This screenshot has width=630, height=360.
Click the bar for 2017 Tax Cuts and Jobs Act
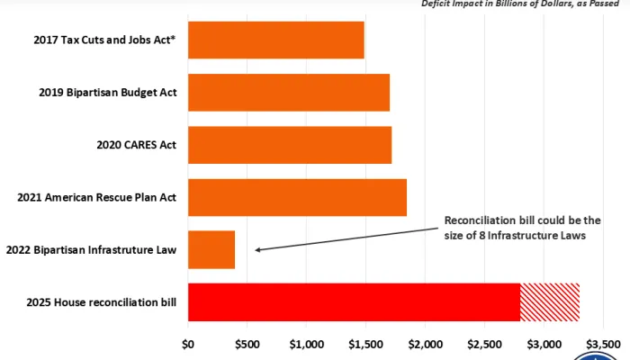click(x=275, y=40)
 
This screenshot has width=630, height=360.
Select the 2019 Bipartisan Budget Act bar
click(x=288, y=92)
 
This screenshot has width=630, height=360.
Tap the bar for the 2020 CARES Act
click(x=289, y=144)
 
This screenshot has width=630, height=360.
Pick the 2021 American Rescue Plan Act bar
click(x=297, y=197)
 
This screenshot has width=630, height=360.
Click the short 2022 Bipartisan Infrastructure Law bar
click(x=211, y=249)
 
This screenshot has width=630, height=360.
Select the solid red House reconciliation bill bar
click(x=354, y=302)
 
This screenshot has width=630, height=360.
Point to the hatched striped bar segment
click(x=549, y=302)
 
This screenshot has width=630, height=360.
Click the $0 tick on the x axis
click(x=188, y=343)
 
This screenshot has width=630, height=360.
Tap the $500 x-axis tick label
click(x=247, y=343)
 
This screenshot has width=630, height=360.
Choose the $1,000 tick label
click(x=307, y=343)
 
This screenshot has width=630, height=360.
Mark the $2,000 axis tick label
click(x=426, y=343)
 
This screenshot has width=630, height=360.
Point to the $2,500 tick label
click(x=485, y=343)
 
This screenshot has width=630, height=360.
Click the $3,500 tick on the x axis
click(x=602, y=343)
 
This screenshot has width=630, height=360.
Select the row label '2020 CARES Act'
click(x=136, y=144)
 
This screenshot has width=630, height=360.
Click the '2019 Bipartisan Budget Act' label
click(x=107, y=92)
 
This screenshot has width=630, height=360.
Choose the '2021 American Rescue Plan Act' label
click(x=96, y=197)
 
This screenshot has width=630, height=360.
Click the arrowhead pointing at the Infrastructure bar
click(x=259, y=249)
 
